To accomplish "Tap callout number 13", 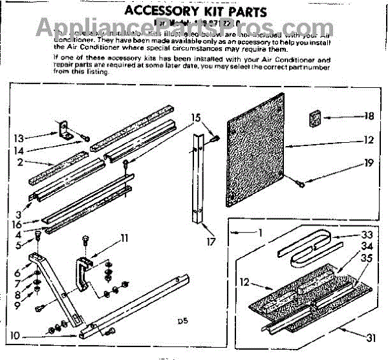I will (19, 137).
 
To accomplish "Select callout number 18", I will (368, 117).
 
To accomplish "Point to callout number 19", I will (368, 163).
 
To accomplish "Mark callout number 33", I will (367, 235).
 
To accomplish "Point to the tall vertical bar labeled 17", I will (198, 181).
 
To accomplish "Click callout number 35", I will (367, 258).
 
